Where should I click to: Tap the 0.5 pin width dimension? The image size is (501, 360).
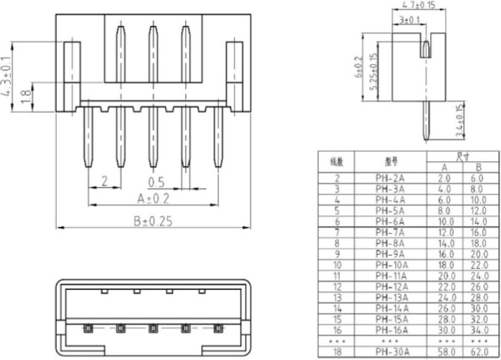point(155,181)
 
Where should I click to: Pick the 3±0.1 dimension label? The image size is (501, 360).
point(410,18)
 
